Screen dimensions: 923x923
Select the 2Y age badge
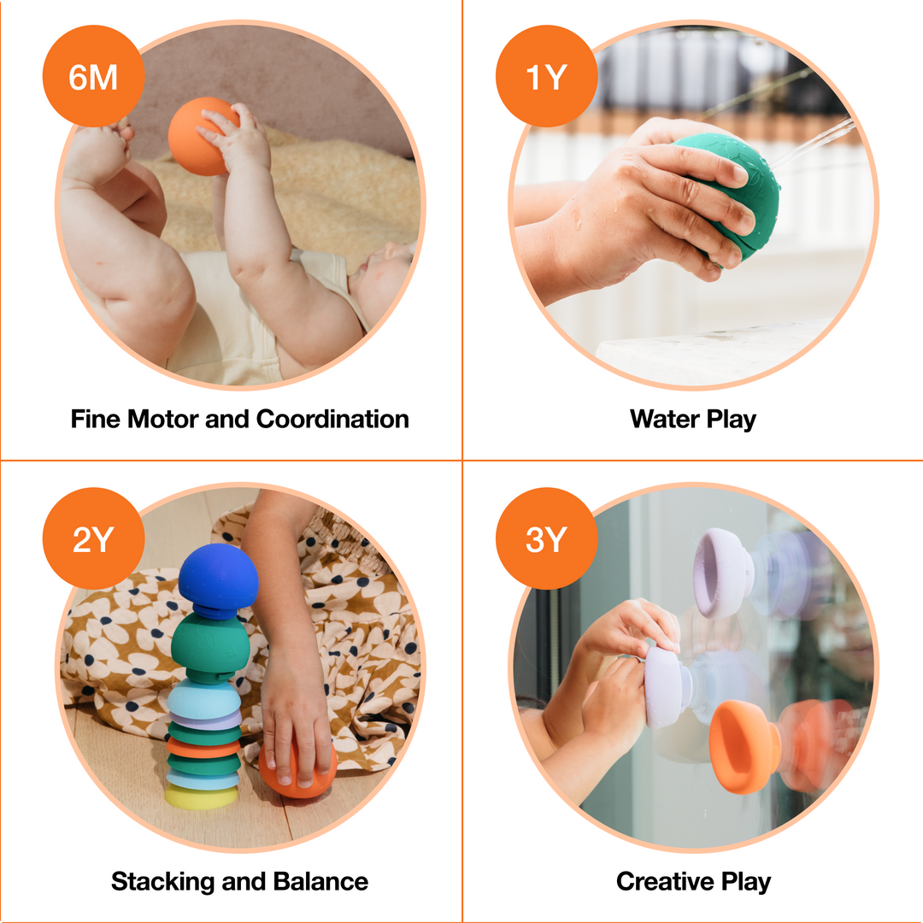[x=92, y=539]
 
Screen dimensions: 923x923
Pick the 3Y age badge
[x=545, y=539]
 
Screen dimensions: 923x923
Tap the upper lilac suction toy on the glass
[x=723, y=571]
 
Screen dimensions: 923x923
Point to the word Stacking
[x=162, y=881]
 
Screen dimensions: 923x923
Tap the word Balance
[x=320, y=881]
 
